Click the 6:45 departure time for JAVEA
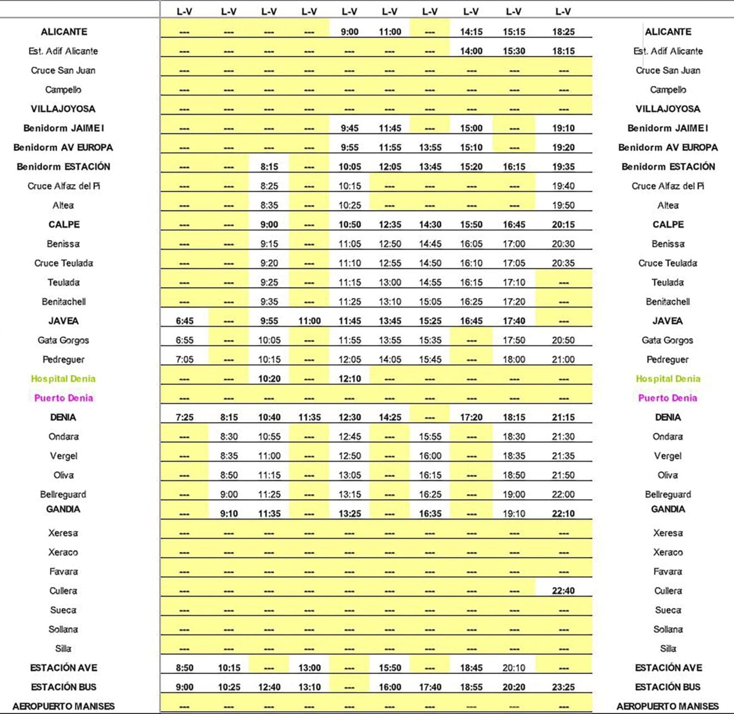click(x=184, y=321)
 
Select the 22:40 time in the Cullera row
click(x=563, y=591)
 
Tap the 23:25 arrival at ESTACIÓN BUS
click(x=563, y=687)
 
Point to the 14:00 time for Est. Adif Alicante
click(x=471, y=51)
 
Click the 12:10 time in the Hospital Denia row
click(x=349, y=379)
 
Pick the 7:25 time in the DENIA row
click(x=184, y=417)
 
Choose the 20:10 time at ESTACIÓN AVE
click(x=513, y=668)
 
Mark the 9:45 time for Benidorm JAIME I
click(x=349, y=128)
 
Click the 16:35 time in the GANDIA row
click(x=430, y=514)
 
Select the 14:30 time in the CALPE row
click(x=430, y=225)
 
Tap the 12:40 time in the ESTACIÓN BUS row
click(x=269, y=687)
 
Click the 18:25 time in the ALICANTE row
click(x=563, y=32)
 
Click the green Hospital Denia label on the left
click(x=63, y=379)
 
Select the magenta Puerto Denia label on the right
click(x=667, y=398)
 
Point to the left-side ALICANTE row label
click(x=63, y=32)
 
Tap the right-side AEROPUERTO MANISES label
click(x=667, y=706)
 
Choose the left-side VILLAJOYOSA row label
click(x=63, y=108)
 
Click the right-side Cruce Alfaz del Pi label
click(x=667, y=186)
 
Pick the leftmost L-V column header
click(x=184, y=11)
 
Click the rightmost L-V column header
click(x=563, y=11)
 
